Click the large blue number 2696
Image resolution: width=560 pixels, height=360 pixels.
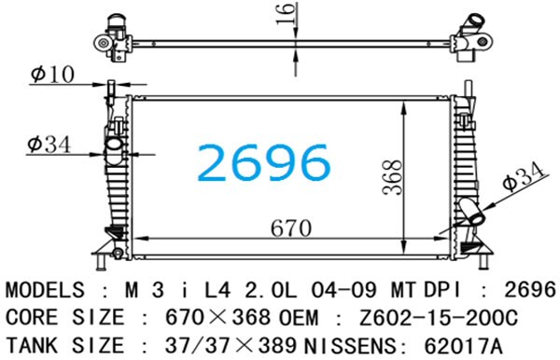pyautogui.click(x=263, y=162)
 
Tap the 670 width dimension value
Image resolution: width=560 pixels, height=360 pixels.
pyautogui.click(x=291, y=228)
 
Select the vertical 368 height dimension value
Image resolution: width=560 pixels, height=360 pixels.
pyautogui.click(x=392, y=177)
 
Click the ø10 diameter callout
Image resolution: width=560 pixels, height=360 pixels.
pyautogui.click(x=52, y=75)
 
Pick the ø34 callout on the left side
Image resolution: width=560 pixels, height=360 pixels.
pyautogui.click(x=49, y=145)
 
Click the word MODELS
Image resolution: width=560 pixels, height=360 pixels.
pyautogui.click(x=45, y=290)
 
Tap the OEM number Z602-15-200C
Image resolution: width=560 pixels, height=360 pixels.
pyautogui.click(x=439, y=317)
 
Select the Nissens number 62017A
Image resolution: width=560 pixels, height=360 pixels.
pyautogui.click(x=463, y=346)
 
